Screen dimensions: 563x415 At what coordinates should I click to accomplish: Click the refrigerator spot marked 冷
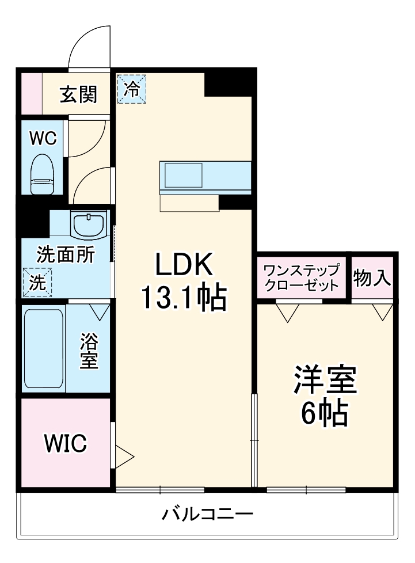[132, 89]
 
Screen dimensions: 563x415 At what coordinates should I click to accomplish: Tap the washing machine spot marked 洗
[37, 283]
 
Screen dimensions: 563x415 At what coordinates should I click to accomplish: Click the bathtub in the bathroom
[43, 349]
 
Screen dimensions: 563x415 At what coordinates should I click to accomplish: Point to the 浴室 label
[89, 352]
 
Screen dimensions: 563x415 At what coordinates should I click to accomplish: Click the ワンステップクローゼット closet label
[302, 277]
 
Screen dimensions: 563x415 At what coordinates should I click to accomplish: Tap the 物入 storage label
[372, 277]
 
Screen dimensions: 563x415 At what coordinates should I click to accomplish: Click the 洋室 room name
[326, 381]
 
